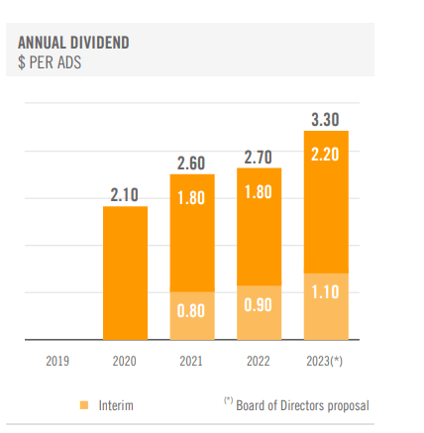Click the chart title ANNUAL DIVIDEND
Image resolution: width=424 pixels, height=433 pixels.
(x=73, y=43)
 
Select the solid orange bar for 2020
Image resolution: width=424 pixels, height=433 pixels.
(x=125, y=272)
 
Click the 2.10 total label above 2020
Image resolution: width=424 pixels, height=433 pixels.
(x=125, y=195)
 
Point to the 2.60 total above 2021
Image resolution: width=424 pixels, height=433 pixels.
(x=191, y=162)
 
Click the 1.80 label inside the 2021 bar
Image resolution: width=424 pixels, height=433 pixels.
(x=191, y=197)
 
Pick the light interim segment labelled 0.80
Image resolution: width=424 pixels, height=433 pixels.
(x=191, y=311)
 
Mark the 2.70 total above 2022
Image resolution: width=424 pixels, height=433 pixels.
(x=258, y=157)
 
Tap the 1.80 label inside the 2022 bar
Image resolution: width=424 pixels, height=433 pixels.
(x=258, y=192)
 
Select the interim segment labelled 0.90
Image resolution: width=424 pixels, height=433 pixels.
(x=258, y=305)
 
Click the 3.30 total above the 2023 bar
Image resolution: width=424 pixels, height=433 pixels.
(x=325, y=120)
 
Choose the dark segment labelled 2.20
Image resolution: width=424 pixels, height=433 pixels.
(x=325, y=155)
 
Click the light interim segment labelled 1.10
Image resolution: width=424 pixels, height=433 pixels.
(x=325, y=291)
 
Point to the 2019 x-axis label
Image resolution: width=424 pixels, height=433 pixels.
(x=57, y=362)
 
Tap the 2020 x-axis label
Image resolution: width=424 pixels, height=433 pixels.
(x=125, y=362)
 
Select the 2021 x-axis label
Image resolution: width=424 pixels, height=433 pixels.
(x=191, y=362)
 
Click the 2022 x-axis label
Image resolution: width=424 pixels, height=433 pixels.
(x=258, y=362)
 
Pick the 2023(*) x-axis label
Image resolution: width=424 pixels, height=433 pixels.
(x=325, y=362)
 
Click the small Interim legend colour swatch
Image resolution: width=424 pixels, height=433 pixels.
(x=83, y=405)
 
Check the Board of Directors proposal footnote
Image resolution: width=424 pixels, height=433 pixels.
(x=296, y=405)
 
